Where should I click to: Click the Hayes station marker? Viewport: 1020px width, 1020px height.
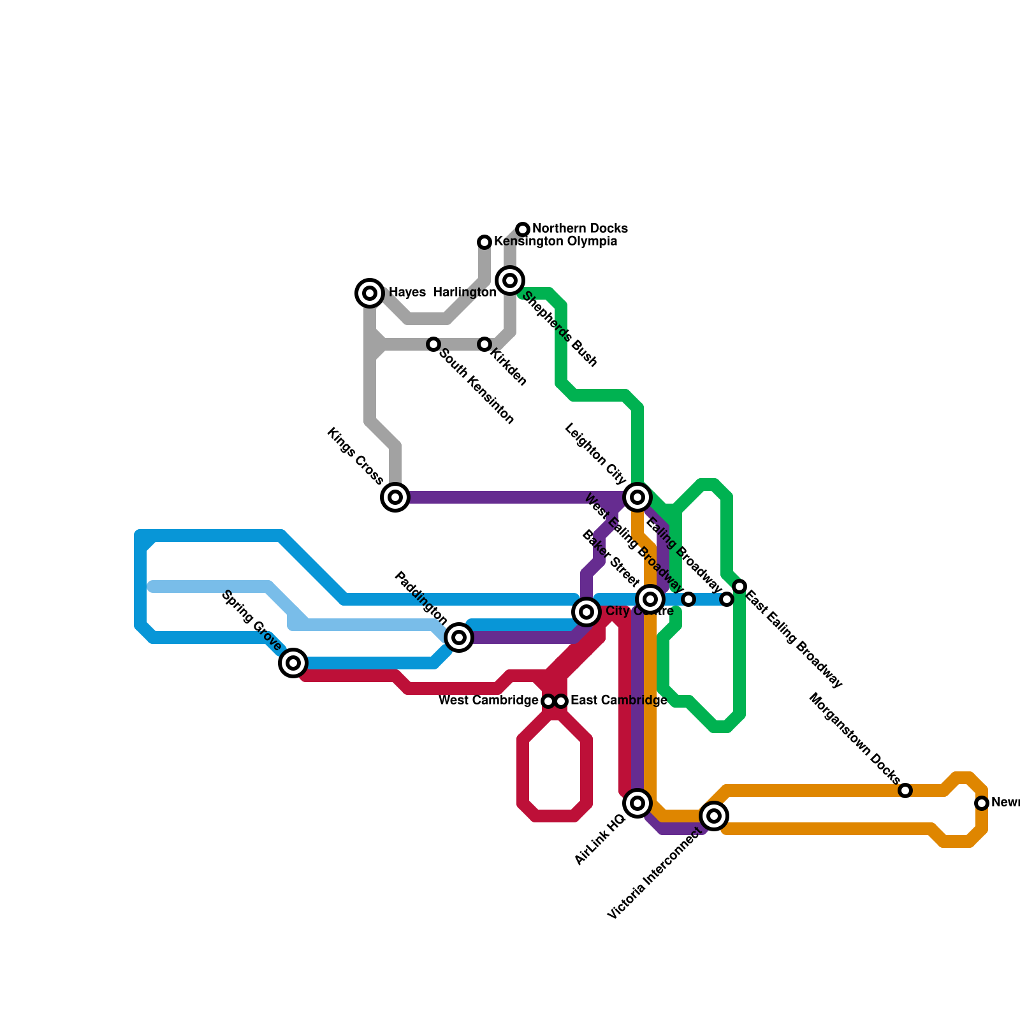[370, 293]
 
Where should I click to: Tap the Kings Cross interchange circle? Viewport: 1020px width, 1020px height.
[395, 497]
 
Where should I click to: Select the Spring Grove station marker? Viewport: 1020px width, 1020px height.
[293, 663]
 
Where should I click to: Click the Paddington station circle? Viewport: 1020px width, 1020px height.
[459, 637]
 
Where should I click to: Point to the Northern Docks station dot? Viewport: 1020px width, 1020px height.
[523, 229]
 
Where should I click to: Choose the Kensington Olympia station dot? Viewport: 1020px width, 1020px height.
[484, 242]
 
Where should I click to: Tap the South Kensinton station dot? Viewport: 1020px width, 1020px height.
[433, 344]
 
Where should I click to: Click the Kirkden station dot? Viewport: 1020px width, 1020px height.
[484, 344]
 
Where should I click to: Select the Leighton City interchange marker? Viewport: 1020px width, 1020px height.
[637, 497]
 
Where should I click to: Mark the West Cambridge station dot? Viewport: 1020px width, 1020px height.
[548, 701]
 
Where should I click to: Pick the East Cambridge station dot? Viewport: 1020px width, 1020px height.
[561, 701]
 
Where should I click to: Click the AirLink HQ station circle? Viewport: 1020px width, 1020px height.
[637, 803]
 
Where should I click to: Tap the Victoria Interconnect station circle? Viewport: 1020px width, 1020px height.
[714, 816]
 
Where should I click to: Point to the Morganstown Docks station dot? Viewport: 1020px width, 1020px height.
[905, 790]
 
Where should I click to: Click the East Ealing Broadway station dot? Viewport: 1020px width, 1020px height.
[739, 586]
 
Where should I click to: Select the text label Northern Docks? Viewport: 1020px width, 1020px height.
[580, 228]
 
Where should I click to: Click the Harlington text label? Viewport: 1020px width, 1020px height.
[464, 293]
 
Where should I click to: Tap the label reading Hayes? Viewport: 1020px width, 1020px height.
[407, 293]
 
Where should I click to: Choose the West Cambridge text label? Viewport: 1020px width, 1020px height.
[488, 701]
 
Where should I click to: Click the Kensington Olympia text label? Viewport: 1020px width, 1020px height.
[555, 242]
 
